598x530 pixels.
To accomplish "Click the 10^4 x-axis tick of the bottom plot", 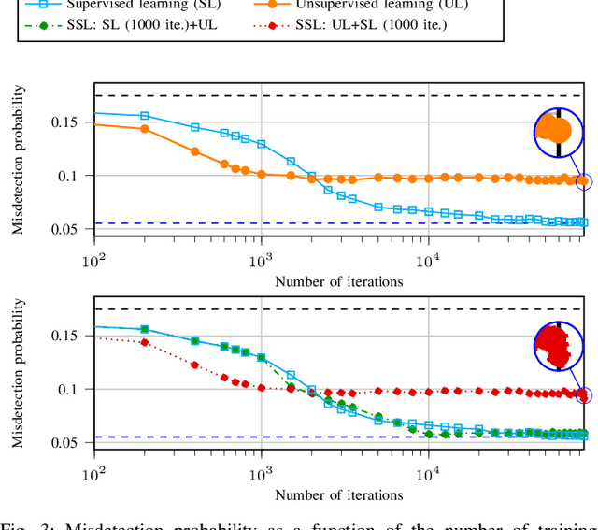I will click(x=428, y=473).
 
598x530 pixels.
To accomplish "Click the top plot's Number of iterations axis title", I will click(x=339, y=280).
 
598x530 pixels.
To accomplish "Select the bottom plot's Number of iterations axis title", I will click(x=339, y=494).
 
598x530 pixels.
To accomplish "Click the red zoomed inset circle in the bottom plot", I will click(x=559, y=347).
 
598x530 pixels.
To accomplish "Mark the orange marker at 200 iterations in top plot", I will click(x=145, y=128).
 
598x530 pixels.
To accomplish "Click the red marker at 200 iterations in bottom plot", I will click(x=145, y=342).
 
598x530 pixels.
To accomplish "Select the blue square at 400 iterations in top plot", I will click(x=195, y=127).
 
